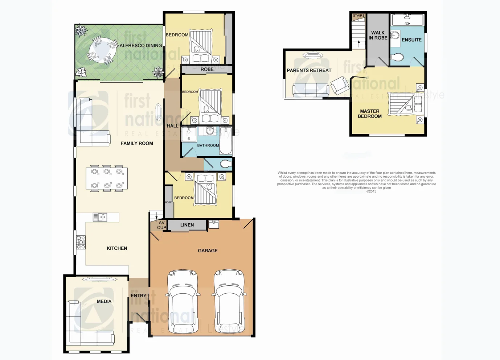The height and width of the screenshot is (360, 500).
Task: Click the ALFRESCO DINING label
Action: pyautogui.click(x=141, y=46)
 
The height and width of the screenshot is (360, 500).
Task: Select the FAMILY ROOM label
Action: pyautogui.click(x=137, y=144)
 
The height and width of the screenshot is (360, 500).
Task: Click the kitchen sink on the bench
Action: pyautogui.click(x=100, y=217)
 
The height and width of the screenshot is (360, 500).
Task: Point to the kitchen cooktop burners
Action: pyautogui.click(x=81, y=242)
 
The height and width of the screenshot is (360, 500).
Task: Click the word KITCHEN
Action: pyautogui.click(x=117, y=248)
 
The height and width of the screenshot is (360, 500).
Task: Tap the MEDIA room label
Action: pyautogui.click(x=104, y=302)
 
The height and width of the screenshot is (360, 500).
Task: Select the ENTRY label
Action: pyautogui.click(x=139, y=296)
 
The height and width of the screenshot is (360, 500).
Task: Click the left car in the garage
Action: pyautogui.click(x=183, y=301)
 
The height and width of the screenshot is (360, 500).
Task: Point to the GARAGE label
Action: pyautogui.click(x=208, y=251)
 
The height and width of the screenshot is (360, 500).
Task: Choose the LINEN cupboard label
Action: pyautogui.click(x=187, y=225)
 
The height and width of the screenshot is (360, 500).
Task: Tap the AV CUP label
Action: pyautogui.click(x=161, y=225)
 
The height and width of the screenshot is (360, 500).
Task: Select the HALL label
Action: pyautogui.click(x=172, y=126)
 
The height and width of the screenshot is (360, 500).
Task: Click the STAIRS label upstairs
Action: pyautogui.click(x=358, y=16)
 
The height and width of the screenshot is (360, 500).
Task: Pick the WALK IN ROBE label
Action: pyautogui.click(x=378, y=36)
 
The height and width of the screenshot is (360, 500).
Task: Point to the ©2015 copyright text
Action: pyautogui.click(x=371, y=192)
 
